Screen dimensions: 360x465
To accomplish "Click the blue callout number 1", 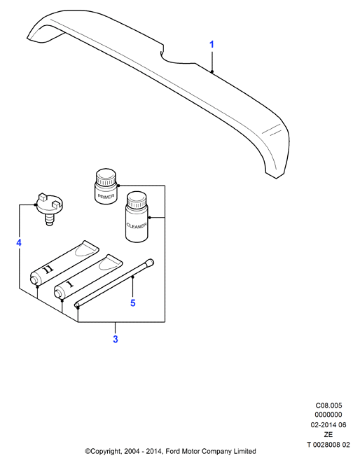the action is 212,45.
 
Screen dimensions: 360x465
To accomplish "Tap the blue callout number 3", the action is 116,339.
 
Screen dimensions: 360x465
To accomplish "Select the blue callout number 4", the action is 19,243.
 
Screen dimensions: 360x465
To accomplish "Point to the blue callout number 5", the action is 133,303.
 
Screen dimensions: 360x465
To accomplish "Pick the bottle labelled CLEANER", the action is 137,217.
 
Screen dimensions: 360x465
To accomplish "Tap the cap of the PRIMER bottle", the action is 106,177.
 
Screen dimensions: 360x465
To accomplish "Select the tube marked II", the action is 64,263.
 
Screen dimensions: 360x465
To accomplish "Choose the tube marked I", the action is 88,277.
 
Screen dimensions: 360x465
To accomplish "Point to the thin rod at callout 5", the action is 114,284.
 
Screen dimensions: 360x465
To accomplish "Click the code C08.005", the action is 328,405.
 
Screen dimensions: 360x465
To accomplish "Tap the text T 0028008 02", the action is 328,445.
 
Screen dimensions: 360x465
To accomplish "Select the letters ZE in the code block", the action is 328,435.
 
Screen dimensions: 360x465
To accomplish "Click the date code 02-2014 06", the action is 328,425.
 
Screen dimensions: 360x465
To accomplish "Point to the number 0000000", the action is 328,415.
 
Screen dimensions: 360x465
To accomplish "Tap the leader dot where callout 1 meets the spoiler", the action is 212,71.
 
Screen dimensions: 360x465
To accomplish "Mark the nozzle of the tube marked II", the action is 34,279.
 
